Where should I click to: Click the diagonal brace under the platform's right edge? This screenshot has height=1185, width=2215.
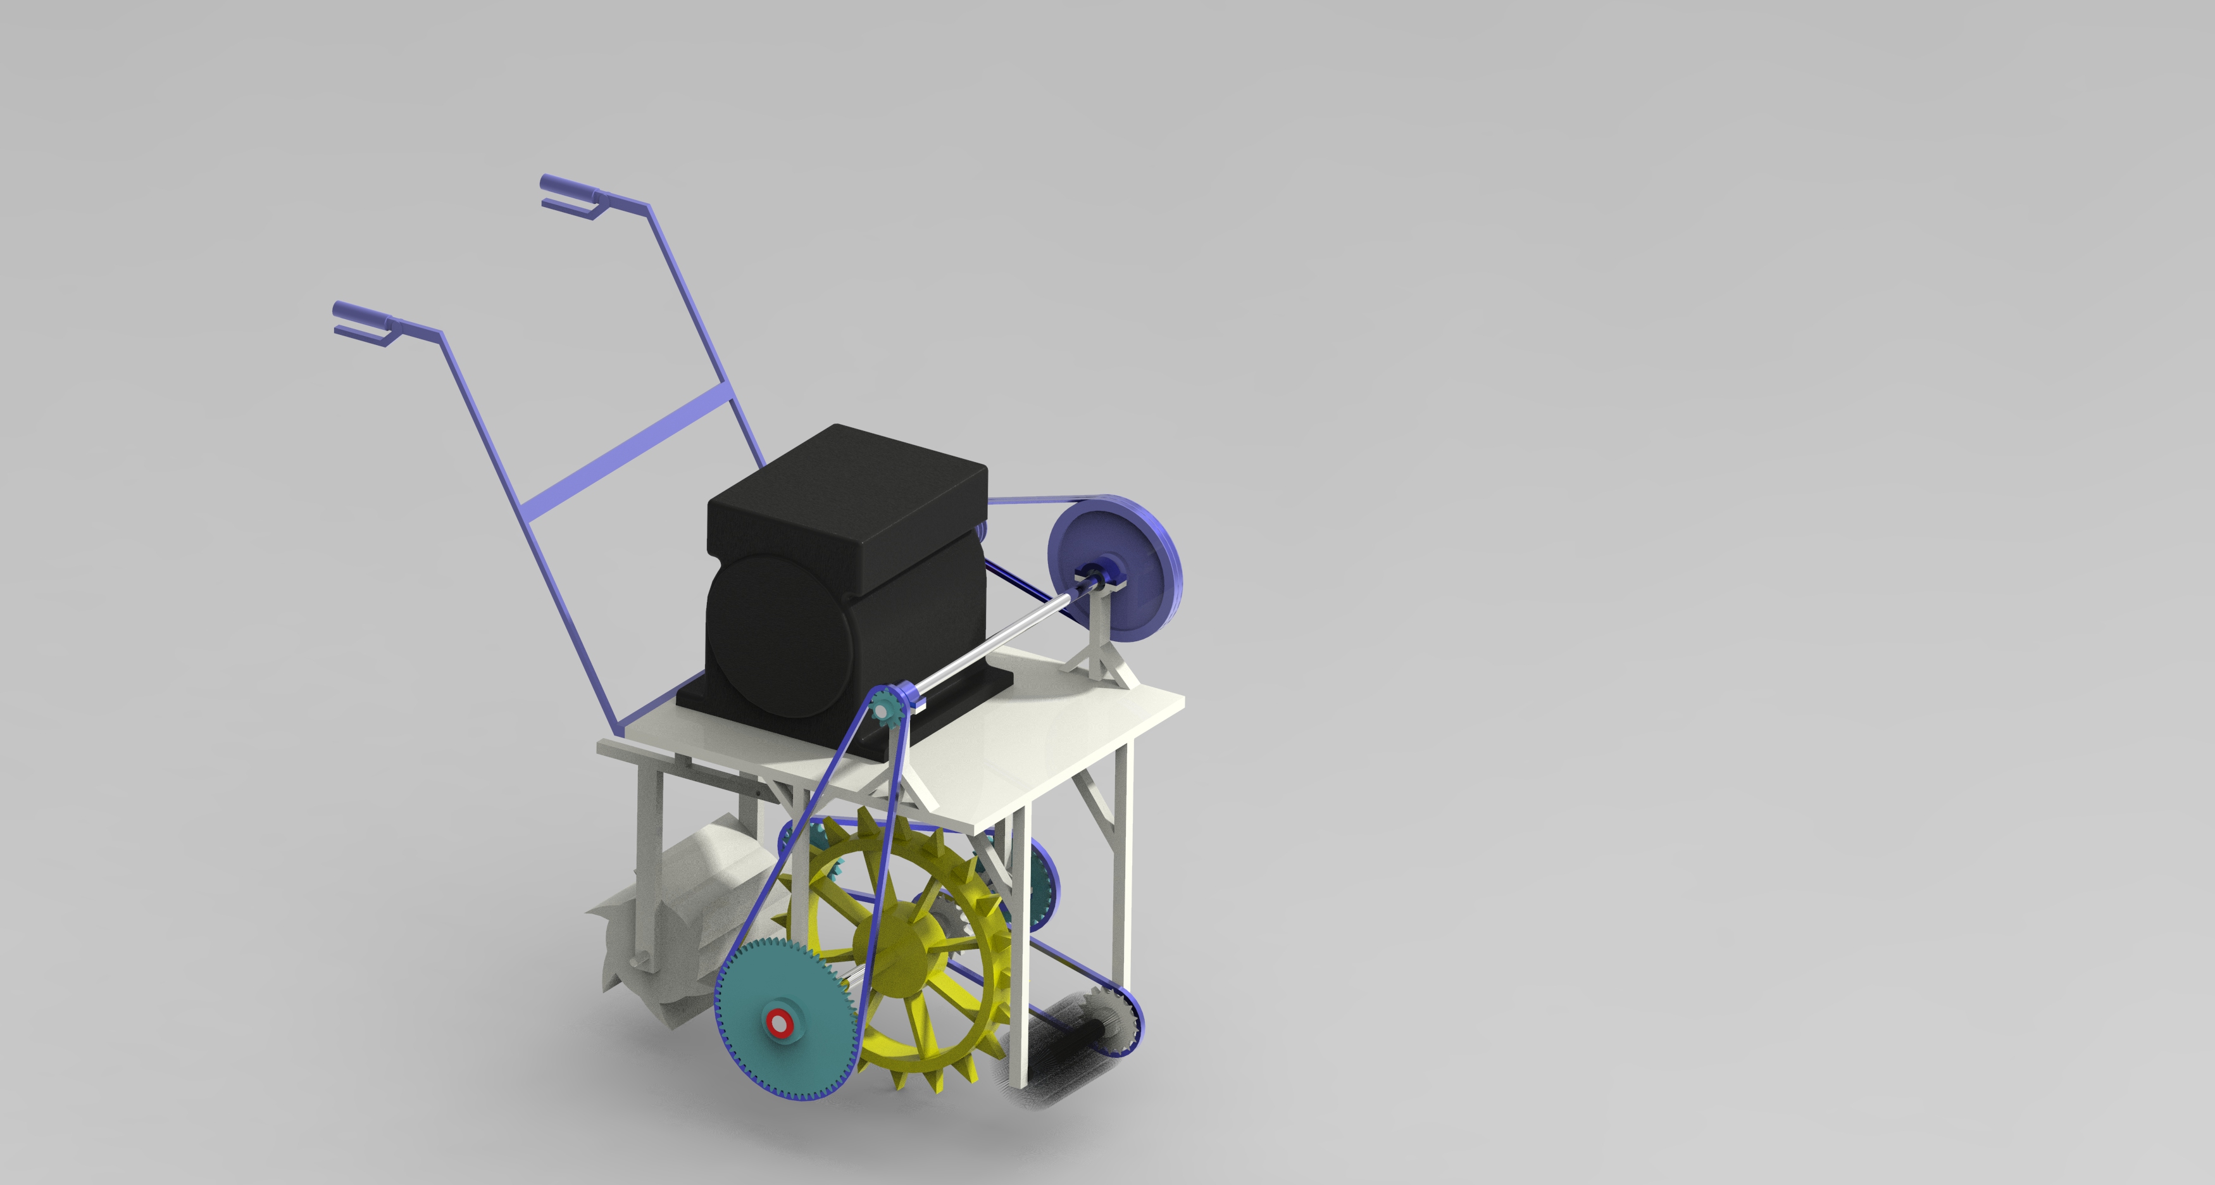click(x=1096, y=796)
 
